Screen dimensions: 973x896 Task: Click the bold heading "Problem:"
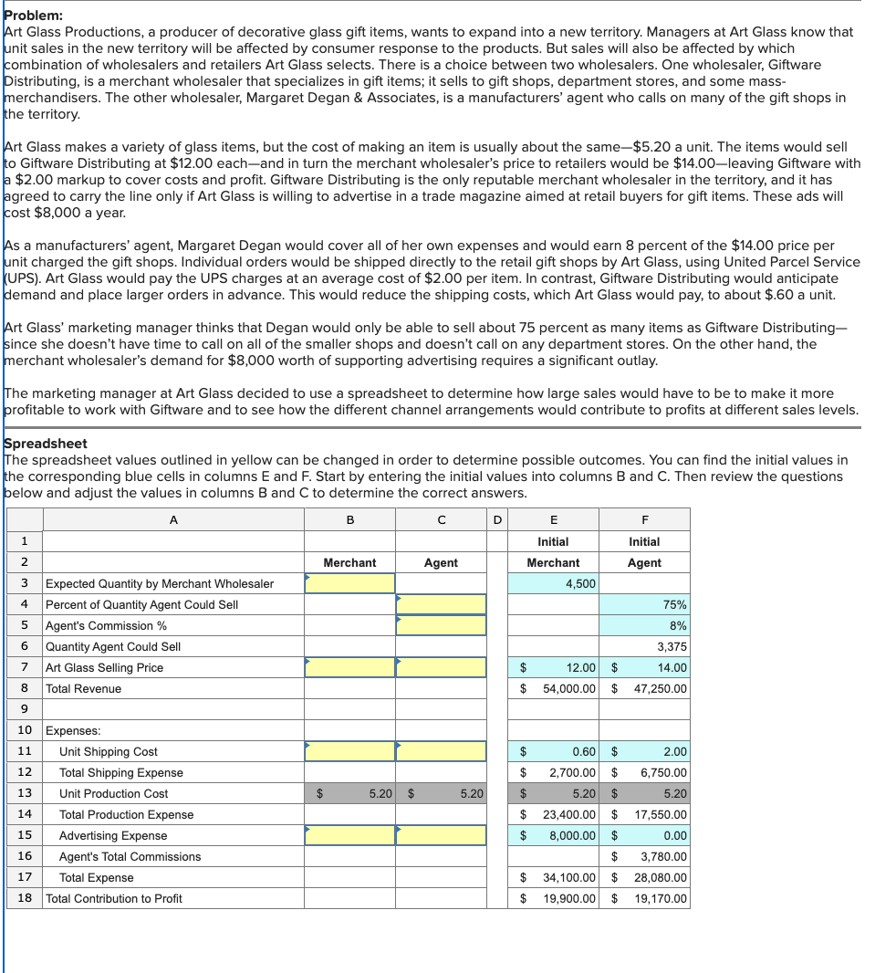34,16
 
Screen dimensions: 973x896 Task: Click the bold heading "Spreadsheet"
46,444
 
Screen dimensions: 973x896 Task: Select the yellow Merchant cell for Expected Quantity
349,583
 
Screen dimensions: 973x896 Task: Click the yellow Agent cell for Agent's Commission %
441,625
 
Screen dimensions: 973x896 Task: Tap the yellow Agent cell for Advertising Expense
441,835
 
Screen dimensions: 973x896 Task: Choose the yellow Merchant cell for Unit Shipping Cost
349,751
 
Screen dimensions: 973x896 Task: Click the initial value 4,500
580,583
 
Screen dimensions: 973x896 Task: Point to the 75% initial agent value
676,604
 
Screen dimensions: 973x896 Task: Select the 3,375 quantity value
672,646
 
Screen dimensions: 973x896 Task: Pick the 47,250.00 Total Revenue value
661,688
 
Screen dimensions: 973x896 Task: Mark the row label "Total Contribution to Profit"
114,898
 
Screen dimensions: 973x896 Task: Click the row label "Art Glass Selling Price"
105,667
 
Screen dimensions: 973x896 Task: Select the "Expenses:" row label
73,730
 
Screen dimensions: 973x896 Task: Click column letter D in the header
497,519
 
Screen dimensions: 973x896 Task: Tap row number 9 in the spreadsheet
25,709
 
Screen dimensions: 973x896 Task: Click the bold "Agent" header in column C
441,562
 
